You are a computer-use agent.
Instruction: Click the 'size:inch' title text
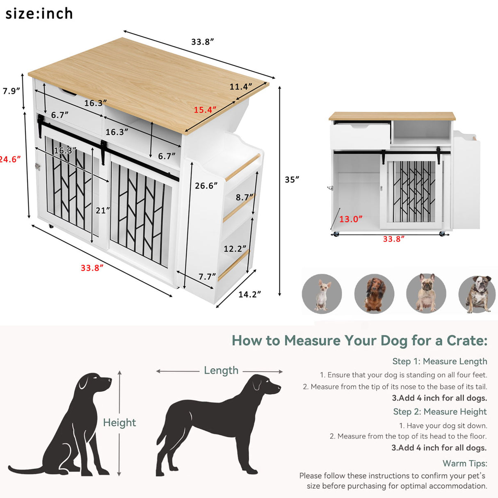(x=39, y=14)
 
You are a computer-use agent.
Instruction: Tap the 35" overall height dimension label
(x=292, y=179)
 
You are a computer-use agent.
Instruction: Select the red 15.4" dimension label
(x=205, y=110)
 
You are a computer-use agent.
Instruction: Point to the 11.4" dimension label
(x=240, y=87)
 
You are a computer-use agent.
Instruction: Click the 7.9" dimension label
(x=11, y=91)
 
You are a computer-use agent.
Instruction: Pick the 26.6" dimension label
(x=206, y=186)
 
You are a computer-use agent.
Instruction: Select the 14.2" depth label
(x=249, y=294)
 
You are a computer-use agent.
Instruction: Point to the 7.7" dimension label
(x=207, y=276)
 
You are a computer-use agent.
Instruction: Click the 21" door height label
(x=103, y=210)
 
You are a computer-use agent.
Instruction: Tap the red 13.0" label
(x=351, y=219)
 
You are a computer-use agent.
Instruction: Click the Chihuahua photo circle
(x=322, y=294)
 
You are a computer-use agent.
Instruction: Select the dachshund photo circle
(x=374, y=294)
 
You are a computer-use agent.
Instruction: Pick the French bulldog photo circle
(x=426, y=294)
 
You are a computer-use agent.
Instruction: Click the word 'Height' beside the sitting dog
(x=119, y=423)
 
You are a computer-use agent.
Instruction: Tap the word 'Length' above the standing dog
(x=221, y=370)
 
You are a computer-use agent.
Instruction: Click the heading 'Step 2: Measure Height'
(x=440, y=411)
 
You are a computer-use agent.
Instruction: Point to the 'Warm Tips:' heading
(x=465, y=463)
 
